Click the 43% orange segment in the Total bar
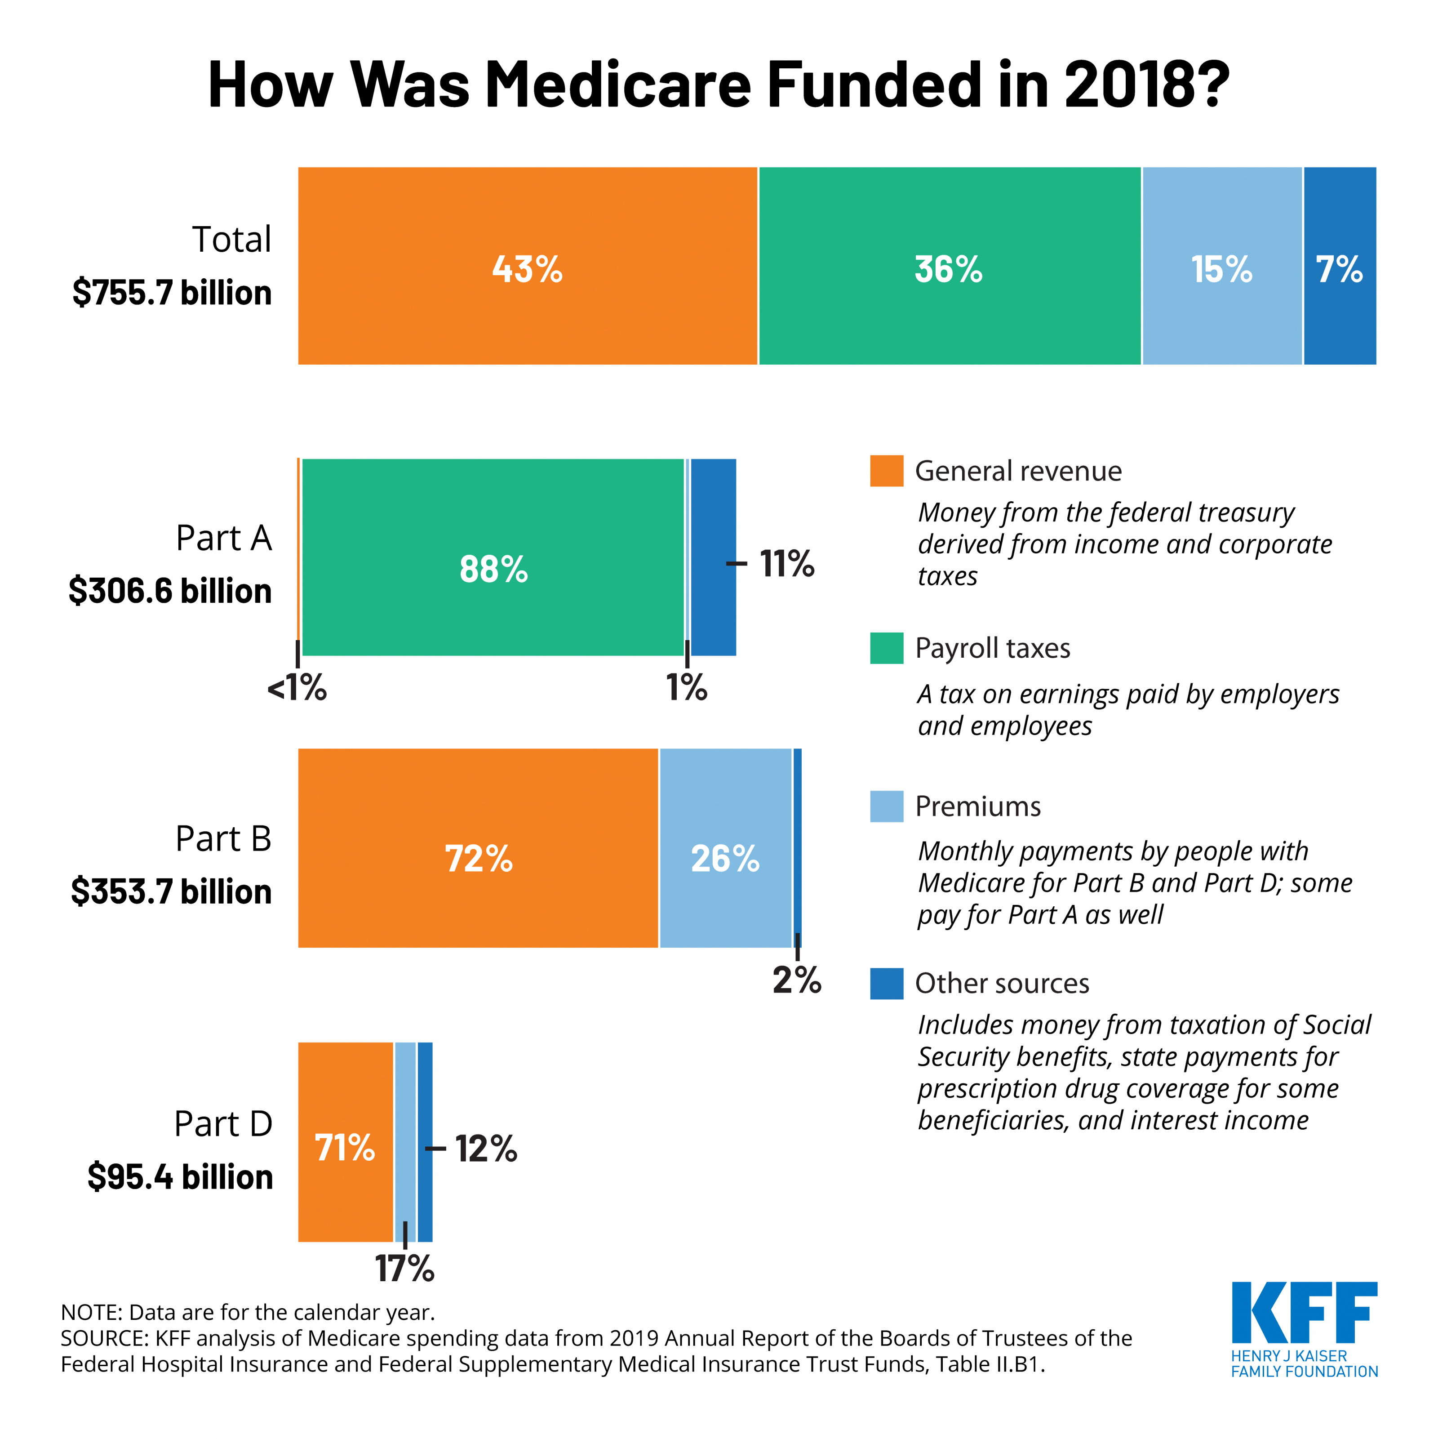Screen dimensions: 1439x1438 (527, 266)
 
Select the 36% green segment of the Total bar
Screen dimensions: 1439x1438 (949, 266)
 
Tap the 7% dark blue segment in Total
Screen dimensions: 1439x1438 (1339, 266)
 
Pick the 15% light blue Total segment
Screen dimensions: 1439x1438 (1221, 266)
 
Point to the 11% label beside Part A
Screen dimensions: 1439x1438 (786, 564)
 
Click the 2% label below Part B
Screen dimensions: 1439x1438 (796, 980)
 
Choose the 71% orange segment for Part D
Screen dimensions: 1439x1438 (345, 1147)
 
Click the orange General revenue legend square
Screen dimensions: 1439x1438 (886, 471)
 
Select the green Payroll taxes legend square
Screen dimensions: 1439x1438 (886, 648)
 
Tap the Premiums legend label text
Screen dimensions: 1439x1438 (977, 806)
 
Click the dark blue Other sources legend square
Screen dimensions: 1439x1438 (886, 983)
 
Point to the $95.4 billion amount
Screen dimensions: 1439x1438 (180, 1177)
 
